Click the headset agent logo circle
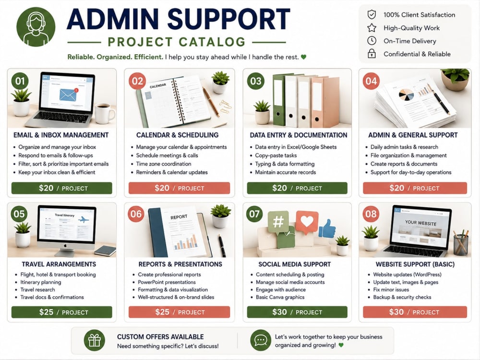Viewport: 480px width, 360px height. [36, 27]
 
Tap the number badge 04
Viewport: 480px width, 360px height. [371, 81]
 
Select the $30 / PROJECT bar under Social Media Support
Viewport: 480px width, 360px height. [297, 312]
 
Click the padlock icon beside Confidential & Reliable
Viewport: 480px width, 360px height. [372, 54]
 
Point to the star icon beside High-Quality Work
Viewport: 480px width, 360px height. [372, 28]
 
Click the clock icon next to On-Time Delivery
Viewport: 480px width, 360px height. [372, 41]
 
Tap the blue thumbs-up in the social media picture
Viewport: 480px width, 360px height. [327, 228]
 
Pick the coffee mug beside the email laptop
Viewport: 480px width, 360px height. [105, 113]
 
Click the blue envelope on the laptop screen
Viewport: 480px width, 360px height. [68, 95]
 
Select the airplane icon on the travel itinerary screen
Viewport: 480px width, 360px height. [83, 219]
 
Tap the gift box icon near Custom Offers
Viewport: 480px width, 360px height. [94, 340]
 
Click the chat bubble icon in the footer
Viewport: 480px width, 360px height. [261, 340]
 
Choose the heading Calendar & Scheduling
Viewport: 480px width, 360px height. [177, 135]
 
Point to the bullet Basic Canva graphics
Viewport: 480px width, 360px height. [280, 297]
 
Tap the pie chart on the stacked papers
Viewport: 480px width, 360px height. [406, 95]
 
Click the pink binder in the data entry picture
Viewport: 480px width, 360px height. [325, 102]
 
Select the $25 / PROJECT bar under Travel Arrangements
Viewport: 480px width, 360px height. [62, 312]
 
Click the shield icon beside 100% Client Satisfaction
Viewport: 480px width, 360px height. [372, 14]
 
